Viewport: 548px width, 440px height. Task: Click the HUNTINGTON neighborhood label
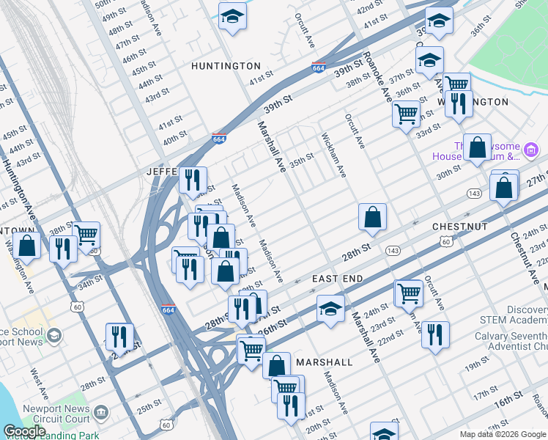tap(226, 66)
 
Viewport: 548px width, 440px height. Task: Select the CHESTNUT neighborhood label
tap(459, 227)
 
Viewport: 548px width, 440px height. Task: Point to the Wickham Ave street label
tap(333, 155)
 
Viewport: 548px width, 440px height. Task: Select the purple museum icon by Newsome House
tap(532, 152)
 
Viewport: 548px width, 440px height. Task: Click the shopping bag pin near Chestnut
tap(372, 217)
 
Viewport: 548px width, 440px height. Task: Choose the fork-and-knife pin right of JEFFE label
tap(192, 180)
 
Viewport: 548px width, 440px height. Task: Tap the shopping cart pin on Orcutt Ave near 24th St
tap(408, 293)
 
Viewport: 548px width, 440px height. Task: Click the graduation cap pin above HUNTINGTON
tap(232, 17)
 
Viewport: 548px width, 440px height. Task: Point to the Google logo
tap(24, 431)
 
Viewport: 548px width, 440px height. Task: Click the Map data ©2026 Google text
tap(502, 434)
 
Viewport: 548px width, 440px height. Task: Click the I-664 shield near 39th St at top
tap(318, 67)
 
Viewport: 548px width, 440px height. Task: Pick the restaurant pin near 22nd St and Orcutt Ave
tap(435, 335)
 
